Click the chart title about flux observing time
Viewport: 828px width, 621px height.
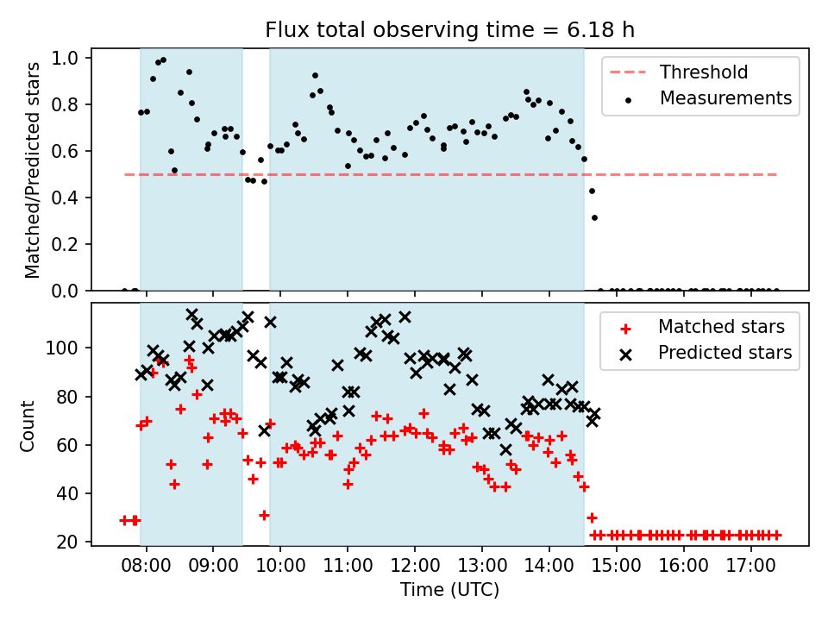pyautogui.click(x=449, y=29)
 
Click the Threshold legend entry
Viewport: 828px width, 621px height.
pyautogui.click(x=679, y=72)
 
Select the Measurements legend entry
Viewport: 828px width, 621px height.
pyautogui.click(x=707, y=98)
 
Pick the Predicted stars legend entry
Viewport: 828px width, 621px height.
pyautogui.click(x=706, y=353)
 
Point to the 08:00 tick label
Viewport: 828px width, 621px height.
pyautogui.click(x=146, y=566)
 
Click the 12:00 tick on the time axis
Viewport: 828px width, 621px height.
pyautogui.click(x=415, y=566)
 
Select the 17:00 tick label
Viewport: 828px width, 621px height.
pyautogui.click(x=750, y=566)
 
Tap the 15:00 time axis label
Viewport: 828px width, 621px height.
pyautogui.click(x=616, y=566)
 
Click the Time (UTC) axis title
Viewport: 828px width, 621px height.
pyautogui.click(x=449, y=590)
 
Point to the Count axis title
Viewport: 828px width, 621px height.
pyautogui.click(x=27, y=426)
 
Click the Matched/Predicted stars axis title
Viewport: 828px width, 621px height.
pyautogui.click(x=32, y=170)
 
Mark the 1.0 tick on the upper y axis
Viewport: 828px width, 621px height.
pyautogui.click(x=65, y=58)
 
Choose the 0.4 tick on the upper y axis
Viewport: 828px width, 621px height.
pyautogui.click(x=65, y=198)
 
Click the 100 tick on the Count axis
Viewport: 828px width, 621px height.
pyautogui.click(x=62, y=348)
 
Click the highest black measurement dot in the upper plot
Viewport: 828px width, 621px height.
pyautogui.click(x=163, y=60)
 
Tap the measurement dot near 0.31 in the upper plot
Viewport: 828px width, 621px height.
pyautogui.click(x=594, y=217)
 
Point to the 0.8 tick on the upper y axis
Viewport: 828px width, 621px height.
pyautogui.click(x=65, y=105)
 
